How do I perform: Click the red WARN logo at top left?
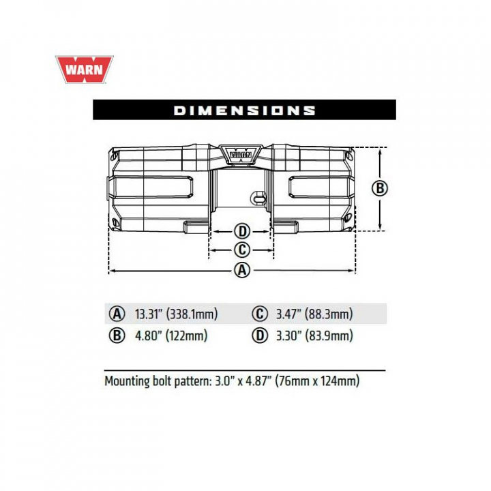[85, 70]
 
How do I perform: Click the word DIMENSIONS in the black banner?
[245, 110]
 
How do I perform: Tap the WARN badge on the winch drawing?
[241, 154]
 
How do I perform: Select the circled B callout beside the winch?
[380, 188]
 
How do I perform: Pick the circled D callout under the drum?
[242, 232]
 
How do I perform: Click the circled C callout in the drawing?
[242, 250]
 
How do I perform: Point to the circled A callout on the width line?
[242, 270]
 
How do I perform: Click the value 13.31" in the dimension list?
[148, 314]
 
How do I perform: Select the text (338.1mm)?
[192, 314]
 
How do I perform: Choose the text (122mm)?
[187, 336]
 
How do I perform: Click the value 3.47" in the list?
[288, 314]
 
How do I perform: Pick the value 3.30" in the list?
[288, 336]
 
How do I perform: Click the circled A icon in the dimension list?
[117, 314]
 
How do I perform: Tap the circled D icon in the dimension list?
[260, 336]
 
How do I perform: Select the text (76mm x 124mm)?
[317, 381]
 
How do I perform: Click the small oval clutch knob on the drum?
[257, 198]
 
